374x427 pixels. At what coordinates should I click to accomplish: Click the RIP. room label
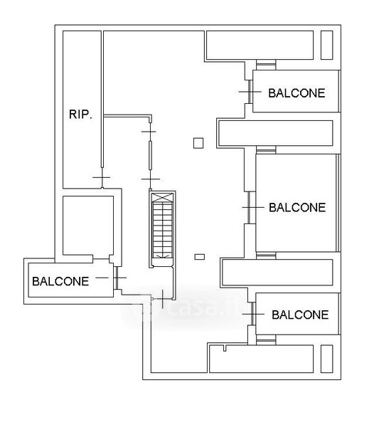coord(80,115)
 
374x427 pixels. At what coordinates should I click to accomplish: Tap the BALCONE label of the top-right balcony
coord(296,93)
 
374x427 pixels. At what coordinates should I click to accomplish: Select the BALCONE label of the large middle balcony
coord(297,208)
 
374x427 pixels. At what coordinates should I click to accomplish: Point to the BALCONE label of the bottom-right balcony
coord(300,315)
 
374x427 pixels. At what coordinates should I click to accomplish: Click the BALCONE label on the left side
coord(60,281)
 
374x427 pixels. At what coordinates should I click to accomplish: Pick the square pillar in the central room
coord(198,143)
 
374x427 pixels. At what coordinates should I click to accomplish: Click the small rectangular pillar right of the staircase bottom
coord(200,257)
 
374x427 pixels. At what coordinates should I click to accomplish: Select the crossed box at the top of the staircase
coord(162,197)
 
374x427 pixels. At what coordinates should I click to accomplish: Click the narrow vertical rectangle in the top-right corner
coord(326,46)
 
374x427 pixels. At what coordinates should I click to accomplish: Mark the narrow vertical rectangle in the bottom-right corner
coord(326,359)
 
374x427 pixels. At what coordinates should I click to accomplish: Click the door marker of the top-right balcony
coord(250,92)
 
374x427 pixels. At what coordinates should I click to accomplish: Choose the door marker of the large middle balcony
coord(249,208)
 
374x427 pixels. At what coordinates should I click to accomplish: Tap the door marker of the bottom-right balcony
coord(253,314)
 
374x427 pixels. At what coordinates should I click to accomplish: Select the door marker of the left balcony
coord(116,278)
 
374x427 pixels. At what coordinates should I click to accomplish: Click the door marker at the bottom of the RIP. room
coord(102,177)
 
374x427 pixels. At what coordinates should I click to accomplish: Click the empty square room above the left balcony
coord(88,226)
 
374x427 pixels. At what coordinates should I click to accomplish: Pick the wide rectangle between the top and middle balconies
coord(276,133)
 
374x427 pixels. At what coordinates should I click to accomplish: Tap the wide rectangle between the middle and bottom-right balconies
coord(277,273)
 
